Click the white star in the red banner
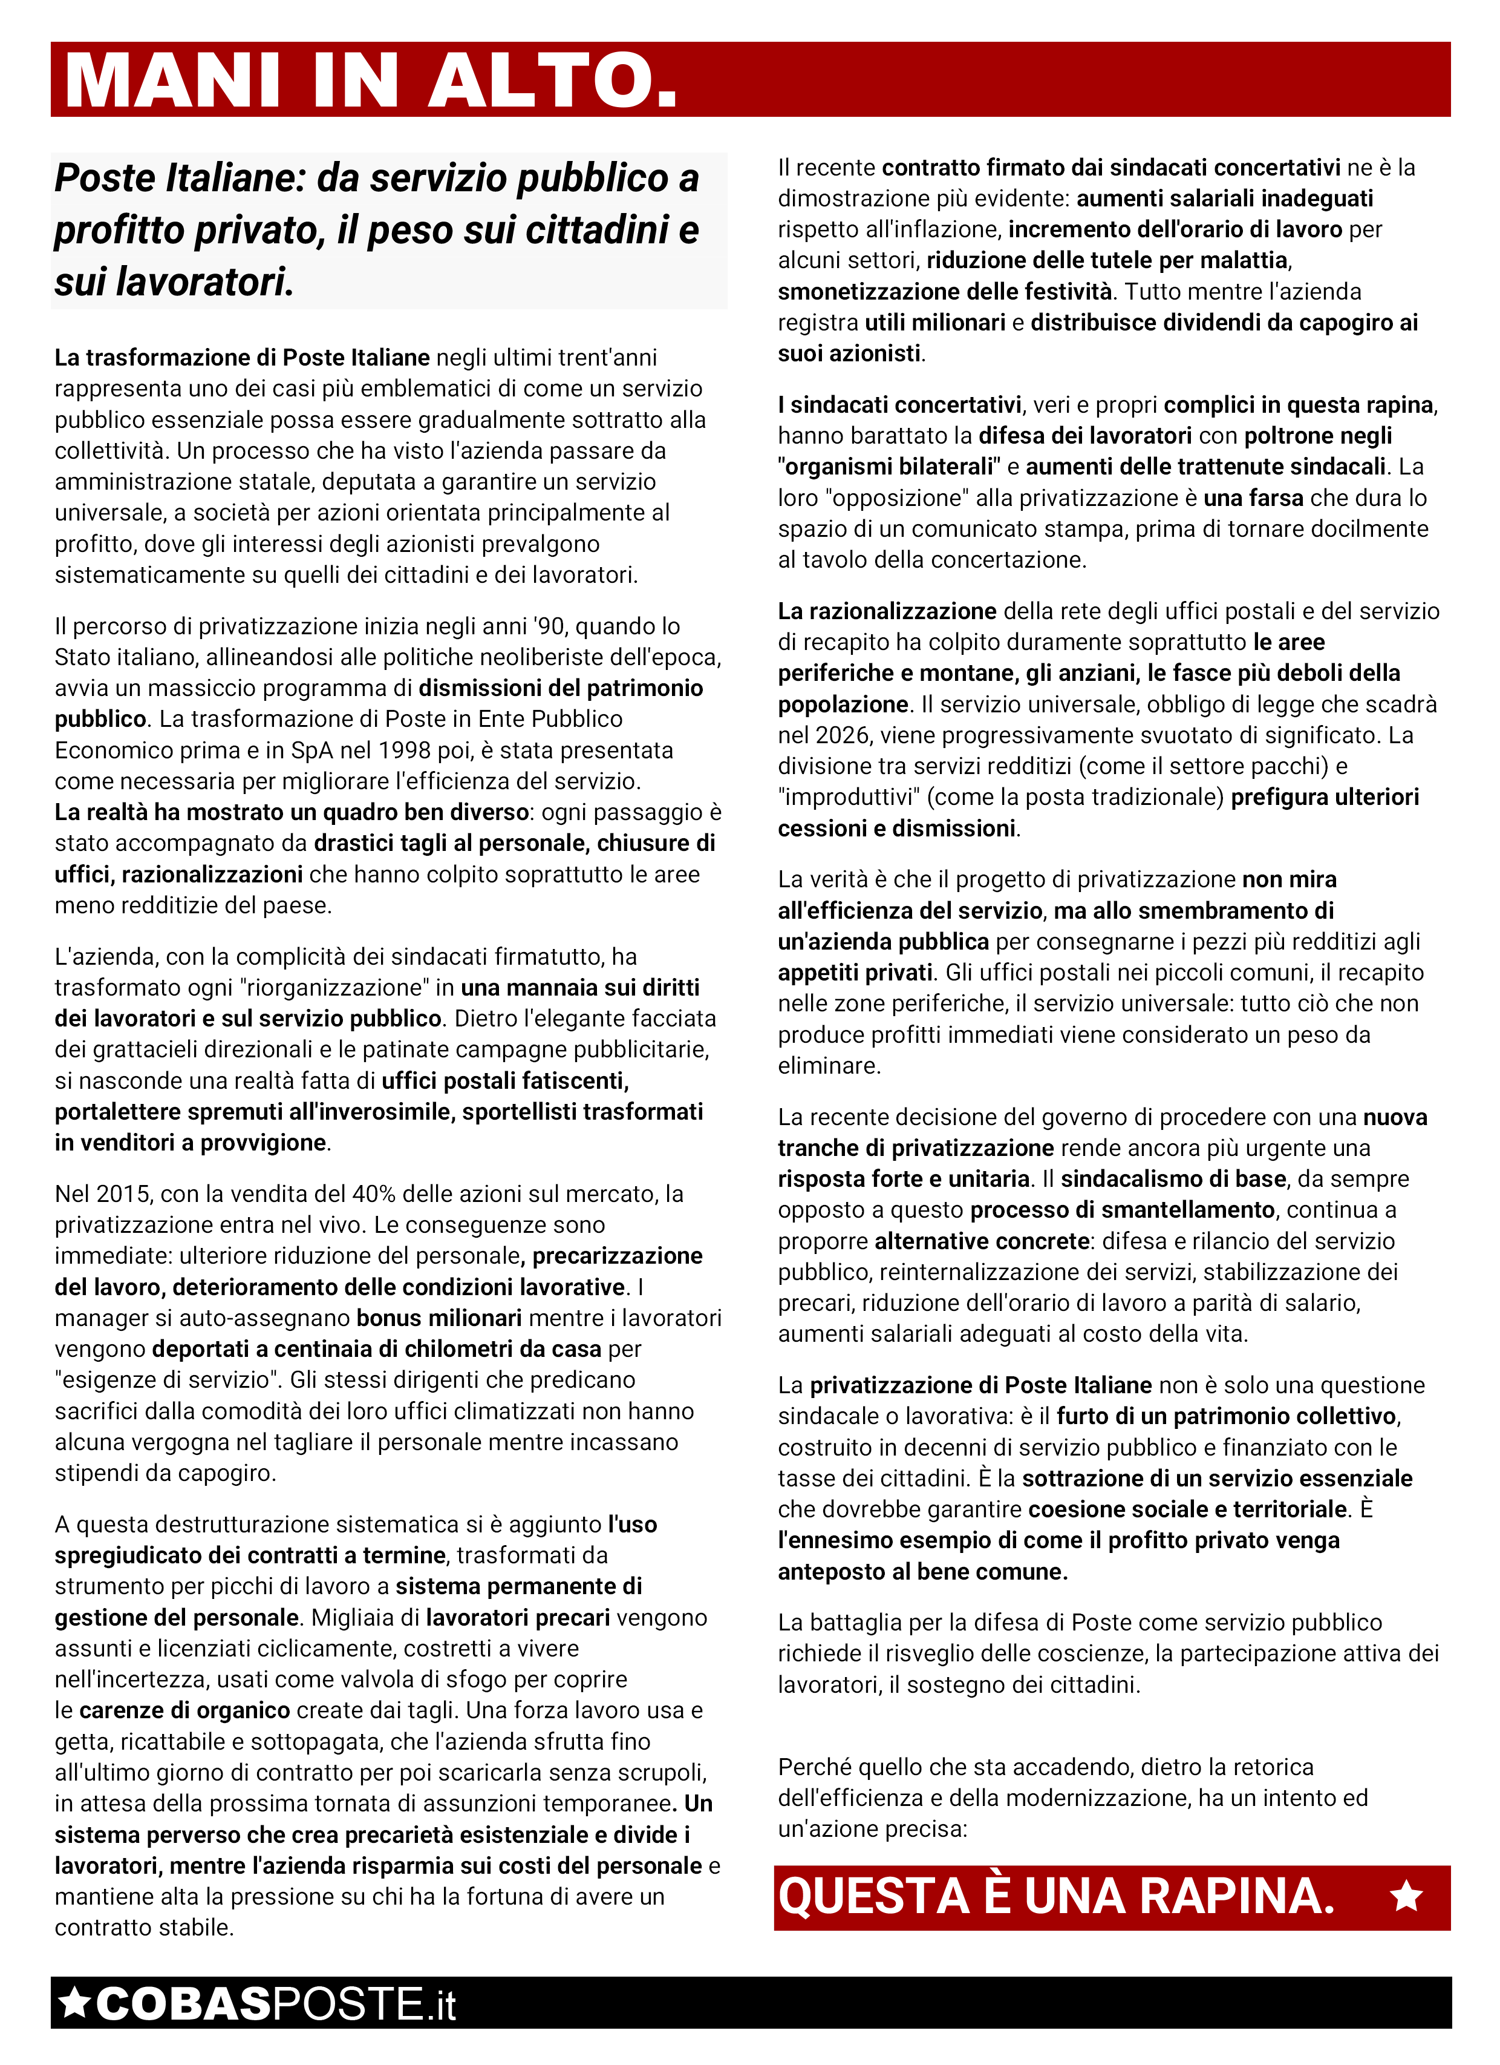coord(1406,1897)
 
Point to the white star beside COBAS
coord(74,2003)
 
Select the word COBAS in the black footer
coord(182,2004)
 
